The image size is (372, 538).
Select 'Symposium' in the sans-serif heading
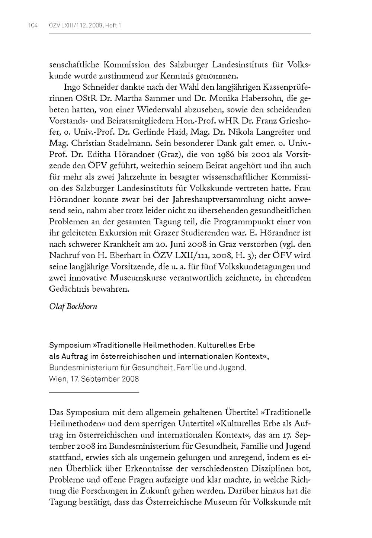coord(70,345)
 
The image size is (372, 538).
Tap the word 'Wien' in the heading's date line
coord(56,379)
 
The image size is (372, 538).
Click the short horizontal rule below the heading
coord(94,393)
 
